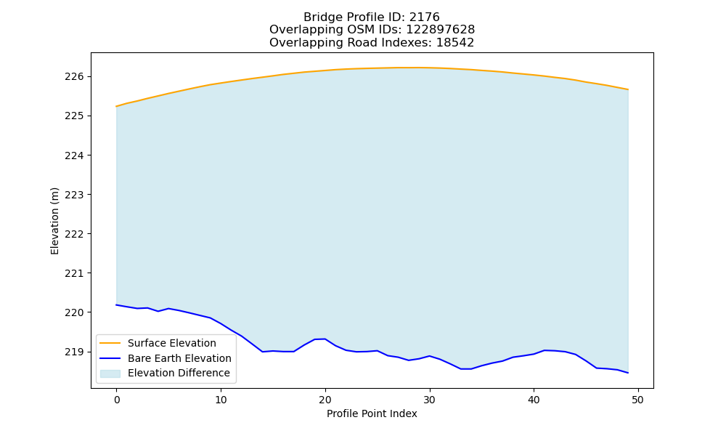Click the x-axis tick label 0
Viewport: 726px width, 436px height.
(117, 400)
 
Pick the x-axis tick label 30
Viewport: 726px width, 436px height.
(430, 400)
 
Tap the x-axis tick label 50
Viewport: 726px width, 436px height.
(638, 400)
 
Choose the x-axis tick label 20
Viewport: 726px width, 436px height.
(325, 400)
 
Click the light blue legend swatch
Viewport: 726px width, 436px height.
(110, 374)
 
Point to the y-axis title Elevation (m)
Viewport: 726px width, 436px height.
(54, 221)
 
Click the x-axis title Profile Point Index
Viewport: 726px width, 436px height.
(372, 413)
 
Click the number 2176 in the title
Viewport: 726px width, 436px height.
(424, 17)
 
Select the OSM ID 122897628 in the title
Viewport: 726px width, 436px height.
(441, 30)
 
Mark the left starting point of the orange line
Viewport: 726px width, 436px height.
(116, 107)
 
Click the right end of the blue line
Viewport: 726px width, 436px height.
(628, 373)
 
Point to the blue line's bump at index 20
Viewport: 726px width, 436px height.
(325, 339)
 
